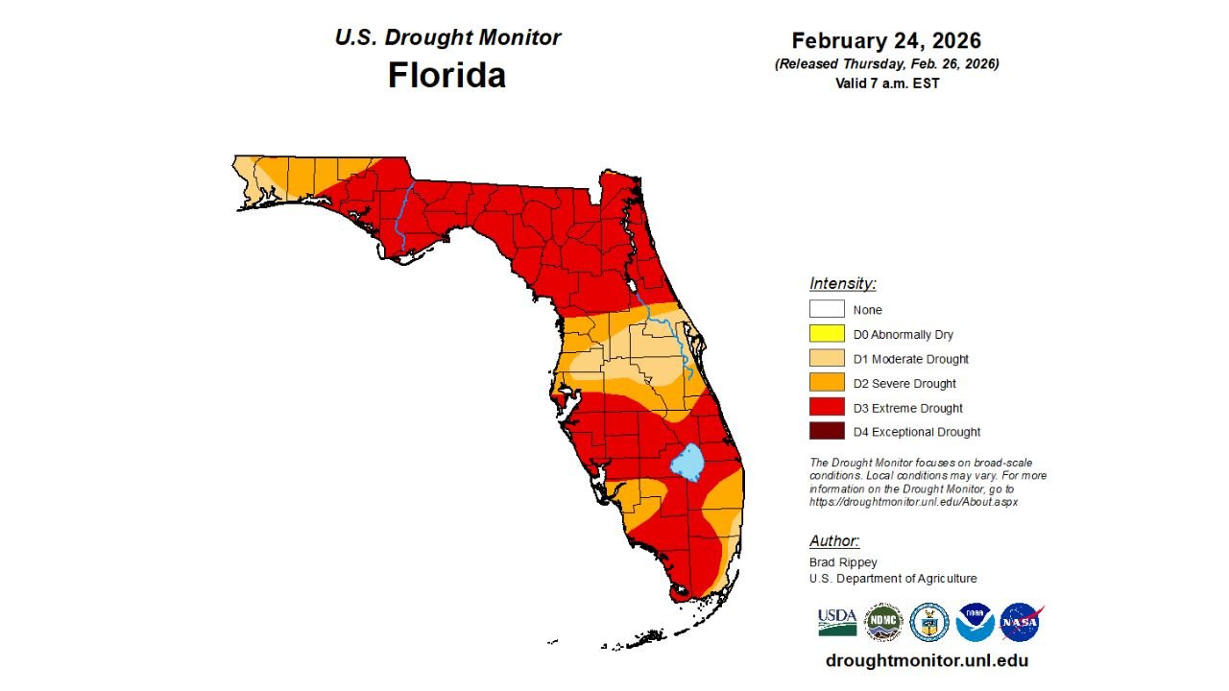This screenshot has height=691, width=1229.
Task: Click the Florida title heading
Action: [x=446, y=75]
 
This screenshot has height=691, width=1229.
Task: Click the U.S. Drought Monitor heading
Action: [x=447, y=37]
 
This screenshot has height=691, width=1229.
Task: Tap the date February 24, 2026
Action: [x=886, y=40]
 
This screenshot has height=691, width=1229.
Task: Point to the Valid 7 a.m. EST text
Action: [x=886, y=83]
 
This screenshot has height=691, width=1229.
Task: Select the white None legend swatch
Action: [x=826, y=309]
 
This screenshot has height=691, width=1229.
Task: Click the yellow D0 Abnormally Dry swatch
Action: [x=826, y=334]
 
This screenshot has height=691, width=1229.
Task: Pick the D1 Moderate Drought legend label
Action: [x=910, y=359]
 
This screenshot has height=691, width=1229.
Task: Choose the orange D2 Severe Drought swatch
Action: [x=826, y=383]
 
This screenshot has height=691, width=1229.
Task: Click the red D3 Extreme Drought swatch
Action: [x=826, y=408]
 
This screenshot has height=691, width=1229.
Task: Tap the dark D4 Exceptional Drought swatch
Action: [x=826, y=432]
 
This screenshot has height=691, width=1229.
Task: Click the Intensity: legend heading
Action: [x=842, y=283]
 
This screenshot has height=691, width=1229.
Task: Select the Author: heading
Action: [x=834, y=540]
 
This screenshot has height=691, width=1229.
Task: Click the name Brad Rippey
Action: [x=843, y=562]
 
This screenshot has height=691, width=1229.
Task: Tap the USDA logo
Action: [x=837, y=622]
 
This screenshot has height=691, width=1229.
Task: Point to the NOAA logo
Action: [x=975, y=622]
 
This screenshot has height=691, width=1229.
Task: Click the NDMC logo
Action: [x=883, y=622]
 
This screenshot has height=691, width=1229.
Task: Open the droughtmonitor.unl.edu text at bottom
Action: [x=927, y=660]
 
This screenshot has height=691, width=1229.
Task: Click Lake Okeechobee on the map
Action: [x=687, y=463]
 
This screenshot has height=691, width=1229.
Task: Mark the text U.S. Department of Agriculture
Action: [x=893, y=579]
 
